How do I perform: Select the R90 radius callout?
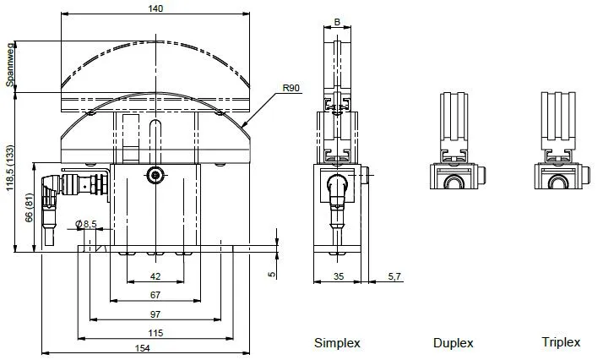(x=292, y=88)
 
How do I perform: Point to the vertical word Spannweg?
(x=10, y=67)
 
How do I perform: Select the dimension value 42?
(x=155, y=276)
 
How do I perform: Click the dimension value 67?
(x=155, y=295)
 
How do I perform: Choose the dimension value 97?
(x=155, y=314)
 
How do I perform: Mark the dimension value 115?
(x=155, y=334)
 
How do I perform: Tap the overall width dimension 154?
(x=155, y=349)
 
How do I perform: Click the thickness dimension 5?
(x=271, y=274)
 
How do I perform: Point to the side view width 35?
(x=338, y=276)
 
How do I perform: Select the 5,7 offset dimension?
(x=394, y=276)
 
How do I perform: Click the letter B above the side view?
(x=338, y=22)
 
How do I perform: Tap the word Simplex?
(x=338, y=343)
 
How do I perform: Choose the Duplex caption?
(x=453, y=343)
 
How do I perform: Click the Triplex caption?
(x=561, y=342)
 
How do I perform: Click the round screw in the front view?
(x=155, y=175)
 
